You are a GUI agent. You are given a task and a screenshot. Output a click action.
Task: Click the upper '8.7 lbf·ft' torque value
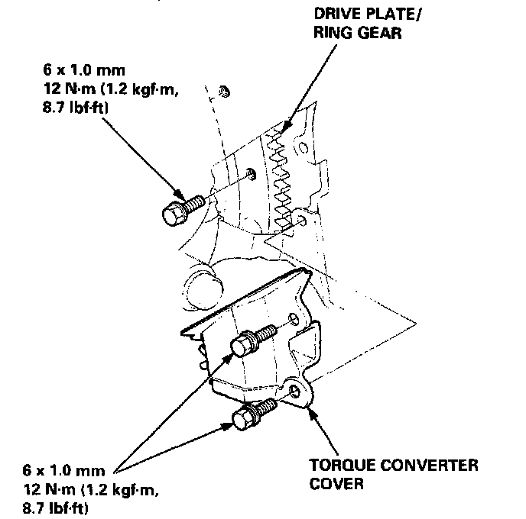[58, 109]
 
